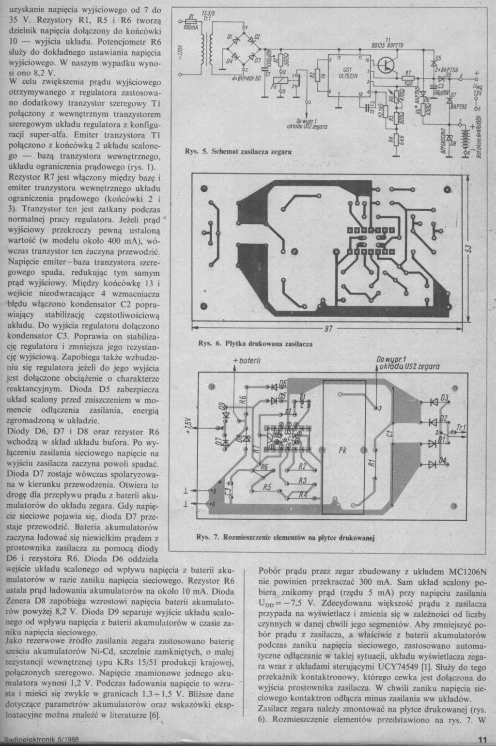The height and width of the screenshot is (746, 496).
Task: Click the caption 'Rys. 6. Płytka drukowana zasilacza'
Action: [x=256, y=343]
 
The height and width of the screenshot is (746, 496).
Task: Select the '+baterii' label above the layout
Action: [x=247, y=361]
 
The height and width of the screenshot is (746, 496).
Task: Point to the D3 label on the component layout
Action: [x=444, y=398]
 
